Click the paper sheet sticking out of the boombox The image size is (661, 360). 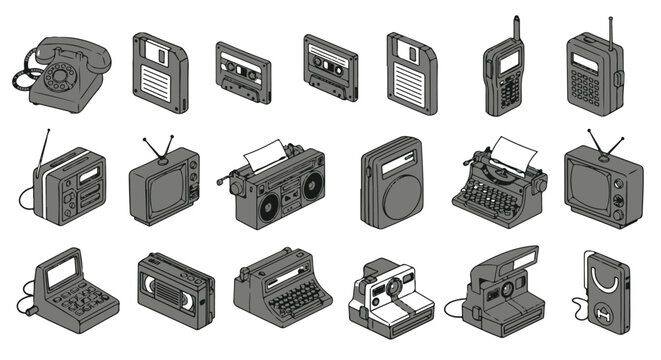coord(265,155)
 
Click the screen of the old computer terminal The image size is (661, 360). coord(64,269)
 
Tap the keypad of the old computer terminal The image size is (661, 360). coord(78,300)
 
